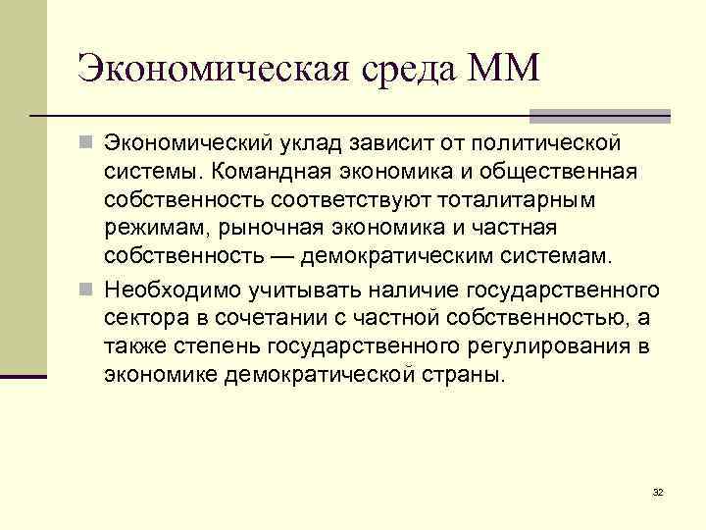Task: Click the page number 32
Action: [657, 492]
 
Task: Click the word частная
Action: [509, 229]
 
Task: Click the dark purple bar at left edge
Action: [24, 376]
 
